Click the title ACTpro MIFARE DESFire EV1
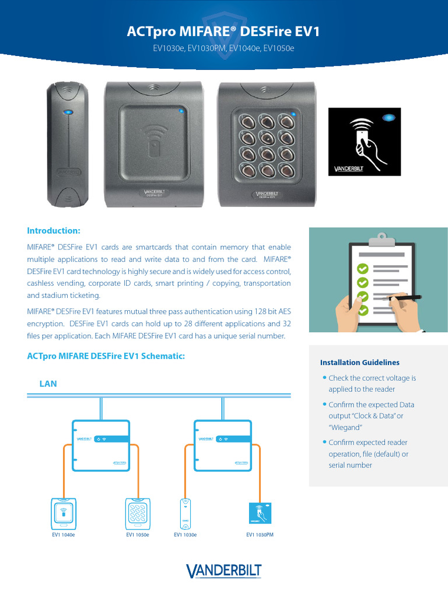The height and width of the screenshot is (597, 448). [x=223, y=31]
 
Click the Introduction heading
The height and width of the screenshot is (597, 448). [x=54, y=230]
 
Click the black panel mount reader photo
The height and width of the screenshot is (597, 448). [x=364, y=142]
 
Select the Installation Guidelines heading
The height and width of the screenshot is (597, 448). [x=356, y=363]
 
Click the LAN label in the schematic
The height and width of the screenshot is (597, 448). [x=48, y=384]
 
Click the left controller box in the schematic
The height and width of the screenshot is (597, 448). [x=101, y=445]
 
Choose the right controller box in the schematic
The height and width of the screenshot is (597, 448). [x=223, y=445]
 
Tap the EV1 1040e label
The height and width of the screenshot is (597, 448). [x=64, y=535]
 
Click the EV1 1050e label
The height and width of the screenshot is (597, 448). [x=138, y=535]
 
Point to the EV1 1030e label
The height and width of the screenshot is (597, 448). [x=185, y=535]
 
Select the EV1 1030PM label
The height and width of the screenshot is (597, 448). [x=260, y=535]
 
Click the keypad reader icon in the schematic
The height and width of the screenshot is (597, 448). [x=138, y=512]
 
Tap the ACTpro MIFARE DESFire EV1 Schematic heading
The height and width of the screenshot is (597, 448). [x=106, y=356]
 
